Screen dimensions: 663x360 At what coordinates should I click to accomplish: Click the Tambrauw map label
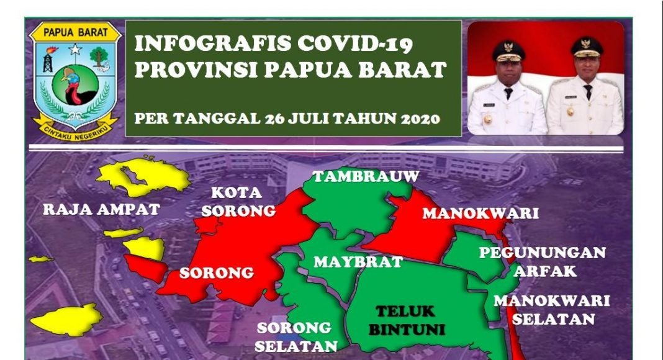pyautogui.click(x=366, y=176)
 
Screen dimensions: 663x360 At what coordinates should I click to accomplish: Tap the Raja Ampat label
pyautogui.click(x=101, y=209)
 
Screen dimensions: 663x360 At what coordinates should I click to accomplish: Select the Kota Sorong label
pyautogui.click(x=238, y=202)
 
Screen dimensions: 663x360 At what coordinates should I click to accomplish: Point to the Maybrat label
pyautogui.click(x=358, y=262)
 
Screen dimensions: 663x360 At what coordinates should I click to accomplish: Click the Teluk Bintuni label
pyautogui.click(x=407, y=320)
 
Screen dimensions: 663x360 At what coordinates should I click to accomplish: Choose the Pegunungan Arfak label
pyautogui.click(x=543, y=261)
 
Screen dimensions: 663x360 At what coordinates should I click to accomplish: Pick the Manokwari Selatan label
pyautogui.click(x=552, y=310)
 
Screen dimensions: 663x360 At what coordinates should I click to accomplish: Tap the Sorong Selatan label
pyautogui.click(x=295, y=337)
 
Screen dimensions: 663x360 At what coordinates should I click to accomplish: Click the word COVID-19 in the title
pyautogui.click(x=354, y=43)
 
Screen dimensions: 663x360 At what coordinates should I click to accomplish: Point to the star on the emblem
pyautogui.click(x=75, y=50)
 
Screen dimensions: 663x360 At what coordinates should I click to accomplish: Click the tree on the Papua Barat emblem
pyautogui.click(x=99, y=57)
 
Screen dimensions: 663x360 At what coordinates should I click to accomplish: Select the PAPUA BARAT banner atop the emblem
pyautogui.click(x=76, y=32)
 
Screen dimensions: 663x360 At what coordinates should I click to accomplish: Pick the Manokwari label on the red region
pyautogui.click(x=480, y=214)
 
